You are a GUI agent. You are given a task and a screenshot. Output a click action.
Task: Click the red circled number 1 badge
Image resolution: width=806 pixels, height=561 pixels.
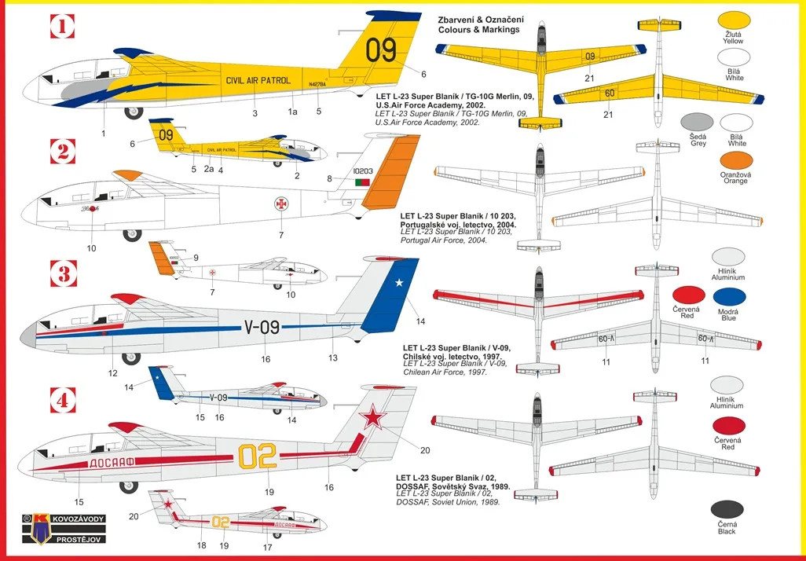[61, 27]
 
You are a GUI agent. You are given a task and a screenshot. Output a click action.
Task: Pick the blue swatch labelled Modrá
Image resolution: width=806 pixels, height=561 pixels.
[730, 297]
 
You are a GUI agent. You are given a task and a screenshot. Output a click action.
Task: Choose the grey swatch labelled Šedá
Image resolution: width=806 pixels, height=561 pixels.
[697, 123]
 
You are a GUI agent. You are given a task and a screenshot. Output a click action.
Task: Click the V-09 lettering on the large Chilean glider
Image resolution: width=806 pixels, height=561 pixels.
[262, 327]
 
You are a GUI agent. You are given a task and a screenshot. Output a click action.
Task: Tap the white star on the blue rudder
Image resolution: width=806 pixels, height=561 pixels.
[398, 283]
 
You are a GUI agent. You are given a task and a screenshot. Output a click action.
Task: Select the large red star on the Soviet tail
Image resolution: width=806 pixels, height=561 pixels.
[373, 416]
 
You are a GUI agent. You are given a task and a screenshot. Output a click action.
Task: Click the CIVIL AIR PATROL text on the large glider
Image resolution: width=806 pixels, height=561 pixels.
[258, 80]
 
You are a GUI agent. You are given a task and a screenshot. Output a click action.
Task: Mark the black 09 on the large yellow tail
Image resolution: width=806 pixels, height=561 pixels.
[381, 50]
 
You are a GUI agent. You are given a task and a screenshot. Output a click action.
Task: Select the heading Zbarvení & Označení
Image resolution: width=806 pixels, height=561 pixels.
[481, 19]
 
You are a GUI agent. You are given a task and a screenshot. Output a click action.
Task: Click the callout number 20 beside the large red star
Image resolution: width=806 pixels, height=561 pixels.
[425, 449]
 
